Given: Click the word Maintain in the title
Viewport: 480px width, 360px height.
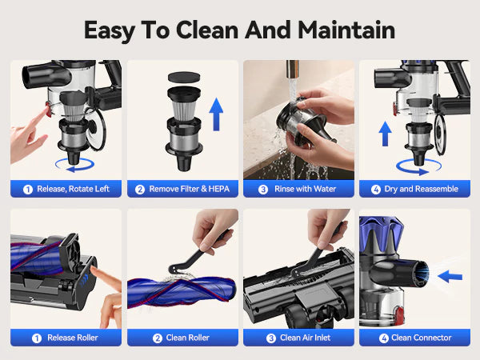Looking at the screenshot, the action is click(x=346, y=30).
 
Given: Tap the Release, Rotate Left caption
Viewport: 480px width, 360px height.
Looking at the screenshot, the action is click(x=73, y=189).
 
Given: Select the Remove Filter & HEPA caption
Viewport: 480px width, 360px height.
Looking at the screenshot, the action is click(x=189, y=189).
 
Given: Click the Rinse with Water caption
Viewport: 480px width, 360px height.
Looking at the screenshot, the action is click(x=306, y=189).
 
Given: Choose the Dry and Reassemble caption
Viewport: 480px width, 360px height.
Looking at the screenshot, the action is click(x=422, y=189).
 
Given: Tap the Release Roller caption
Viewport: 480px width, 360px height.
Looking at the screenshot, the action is click(x=73, y=338).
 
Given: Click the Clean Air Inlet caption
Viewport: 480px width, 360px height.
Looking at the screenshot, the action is click(x=306, y=338).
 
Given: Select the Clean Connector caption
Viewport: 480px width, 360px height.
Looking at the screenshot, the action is click(x=422, y=338).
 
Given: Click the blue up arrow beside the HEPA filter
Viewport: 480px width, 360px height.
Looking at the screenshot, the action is click(x=216, y=114).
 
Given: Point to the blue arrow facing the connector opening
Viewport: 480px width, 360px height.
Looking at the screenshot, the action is click(x=450, y=277).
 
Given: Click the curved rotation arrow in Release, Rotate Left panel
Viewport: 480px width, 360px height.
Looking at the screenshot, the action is click(x=75, y=166).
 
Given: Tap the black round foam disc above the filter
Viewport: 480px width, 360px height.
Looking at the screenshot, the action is click(x=184, y=77).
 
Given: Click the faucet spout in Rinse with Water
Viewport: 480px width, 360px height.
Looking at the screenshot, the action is click(x=293, y=70).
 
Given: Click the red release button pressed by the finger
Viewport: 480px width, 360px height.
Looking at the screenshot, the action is click(x=48, y=110).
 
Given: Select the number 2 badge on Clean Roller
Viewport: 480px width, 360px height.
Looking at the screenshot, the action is click(x=158, y=338).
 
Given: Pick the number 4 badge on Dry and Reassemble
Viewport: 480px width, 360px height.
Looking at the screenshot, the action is click(x=376, y=190).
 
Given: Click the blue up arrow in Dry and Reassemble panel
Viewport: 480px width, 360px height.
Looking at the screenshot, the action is click(x=385, y=134).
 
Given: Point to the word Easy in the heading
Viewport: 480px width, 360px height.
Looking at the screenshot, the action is click(x=110, y=30).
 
